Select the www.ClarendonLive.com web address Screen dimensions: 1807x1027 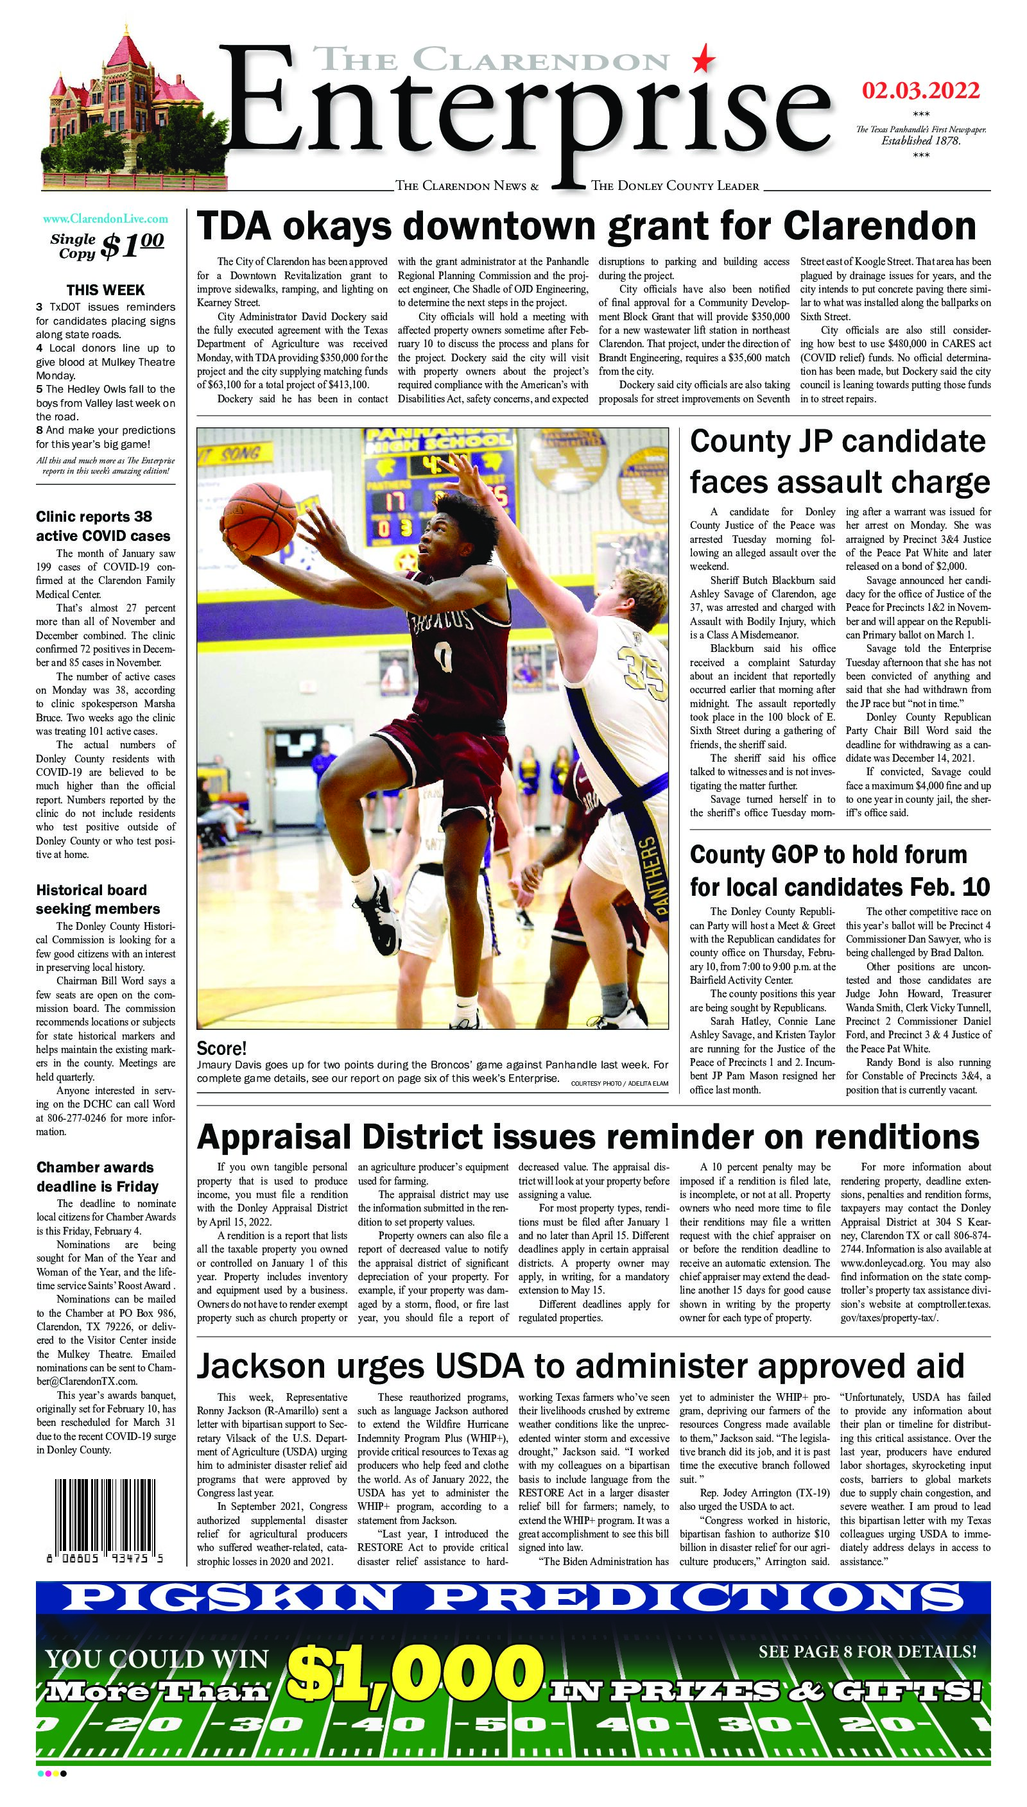pyautogui.click(x=106, y=219)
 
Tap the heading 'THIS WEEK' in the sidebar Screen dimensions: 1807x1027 pyautogui.click(x=106, y=290)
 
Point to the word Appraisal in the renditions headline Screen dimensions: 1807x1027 pyautogui.click(x=278, y=1137)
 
